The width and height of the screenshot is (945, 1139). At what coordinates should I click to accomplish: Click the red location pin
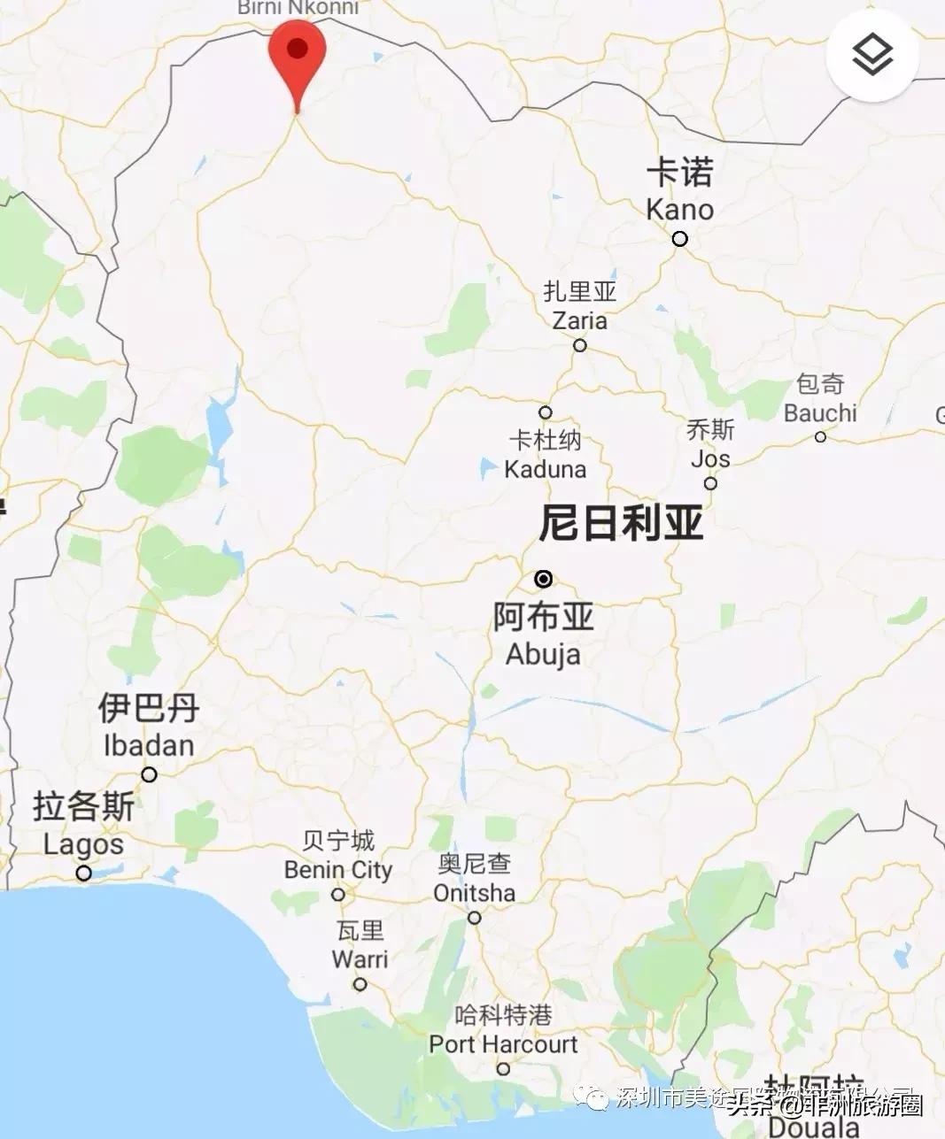coord(297,53)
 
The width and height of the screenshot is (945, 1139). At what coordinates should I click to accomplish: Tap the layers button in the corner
coord(872,55)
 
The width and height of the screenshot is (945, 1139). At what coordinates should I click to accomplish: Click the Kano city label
coord(680,210)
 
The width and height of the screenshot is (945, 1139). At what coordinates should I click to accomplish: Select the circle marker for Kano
coord(679,239)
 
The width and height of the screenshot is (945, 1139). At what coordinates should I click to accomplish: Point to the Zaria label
coord(580,319)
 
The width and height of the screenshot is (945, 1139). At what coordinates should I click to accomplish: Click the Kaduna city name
coord(546,468)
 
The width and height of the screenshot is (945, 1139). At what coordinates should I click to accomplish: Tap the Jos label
coord(710,458)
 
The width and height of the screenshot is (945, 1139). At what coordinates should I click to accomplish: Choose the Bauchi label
coord(820,412)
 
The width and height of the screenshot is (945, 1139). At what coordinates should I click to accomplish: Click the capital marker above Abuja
coord(544,579)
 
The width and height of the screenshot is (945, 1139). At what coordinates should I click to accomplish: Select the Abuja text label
coord(543,654)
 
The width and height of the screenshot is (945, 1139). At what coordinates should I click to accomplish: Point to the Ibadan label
coord(149,745)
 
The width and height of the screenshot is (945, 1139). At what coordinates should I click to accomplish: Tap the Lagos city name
coord(83,843)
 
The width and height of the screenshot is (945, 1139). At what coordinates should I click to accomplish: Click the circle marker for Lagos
coord(83,873)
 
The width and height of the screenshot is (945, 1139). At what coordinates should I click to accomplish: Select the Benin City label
coord(338,870)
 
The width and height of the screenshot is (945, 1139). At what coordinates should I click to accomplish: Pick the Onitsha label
coord(475,893)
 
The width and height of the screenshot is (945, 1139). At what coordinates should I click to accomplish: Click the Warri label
coord(360,958)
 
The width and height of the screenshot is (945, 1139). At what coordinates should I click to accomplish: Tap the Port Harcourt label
coord(503,1044)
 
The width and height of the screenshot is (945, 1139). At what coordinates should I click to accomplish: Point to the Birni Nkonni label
coord(298,8)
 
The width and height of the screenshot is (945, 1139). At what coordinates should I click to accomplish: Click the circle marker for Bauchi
coord(820,437)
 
